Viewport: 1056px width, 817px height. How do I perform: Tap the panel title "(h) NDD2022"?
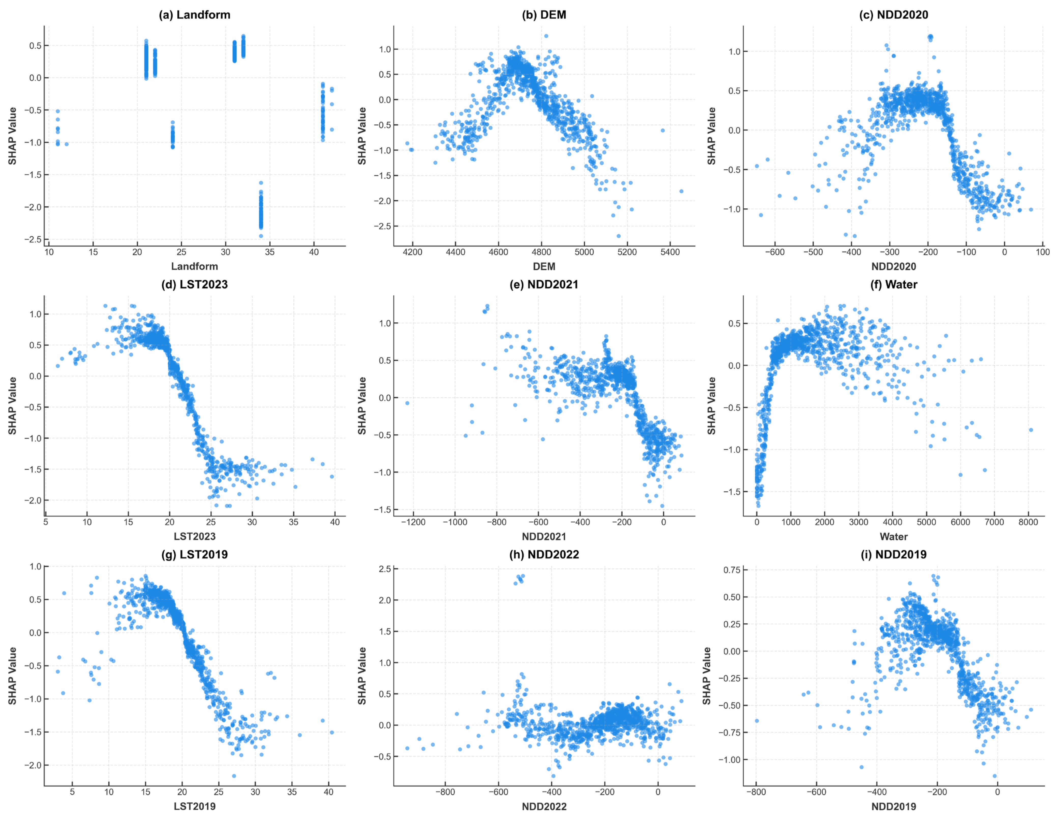(x=544, y=554)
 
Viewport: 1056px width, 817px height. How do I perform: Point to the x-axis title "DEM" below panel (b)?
(x=544, y=266)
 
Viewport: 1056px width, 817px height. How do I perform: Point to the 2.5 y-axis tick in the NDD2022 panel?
(x=385, y=569)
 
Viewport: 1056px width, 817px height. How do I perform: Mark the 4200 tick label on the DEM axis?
(x=412, y=252)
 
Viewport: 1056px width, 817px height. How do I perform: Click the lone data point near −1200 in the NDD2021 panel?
(x=407, y=403)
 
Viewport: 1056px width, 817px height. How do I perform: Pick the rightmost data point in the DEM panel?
(x=681, y=191)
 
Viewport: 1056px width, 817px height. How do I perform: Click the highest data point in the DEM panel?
(x=546, y=36)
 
